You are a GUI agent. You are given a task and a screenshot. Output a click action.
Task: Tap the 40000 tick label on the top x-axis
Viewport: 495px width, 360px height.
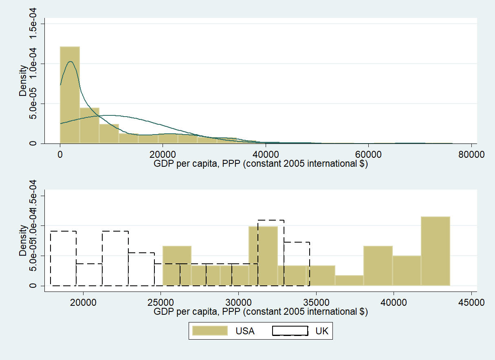pyautogui.click(x=265, y=155)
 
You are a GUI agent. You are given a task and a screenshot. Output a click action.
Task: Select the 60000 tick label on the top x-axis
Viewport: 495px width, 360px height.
pyautogui.click(x=368, y=155)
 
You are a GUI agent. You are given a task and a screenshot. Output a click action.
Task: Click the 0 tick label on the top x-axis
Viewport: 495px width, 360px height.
pyautogui.click(x=60, y=155)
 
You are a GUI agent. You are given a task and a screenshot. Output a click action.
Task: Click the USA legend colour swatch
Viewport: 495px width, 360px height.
pyautogui.click(x=209, y=331)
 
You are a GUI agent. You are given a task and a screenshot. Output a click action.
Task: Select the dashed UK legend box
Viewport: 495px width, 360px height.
pyautogui.click(x=290, y=331)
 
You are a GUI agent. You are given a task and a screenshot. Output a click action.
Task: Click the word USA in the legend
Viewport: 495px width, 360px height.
pyautogui.click(x=245, y=331)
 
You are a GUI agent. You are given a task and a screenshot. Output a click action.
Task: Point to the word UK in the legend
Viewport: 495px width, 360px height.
pyautogui.click(x=322, y=331)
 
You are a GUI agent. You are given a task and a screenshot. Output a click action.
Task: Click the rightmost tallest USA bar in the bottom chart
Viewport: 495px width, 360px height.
pyautogui.click(x=436, y=251)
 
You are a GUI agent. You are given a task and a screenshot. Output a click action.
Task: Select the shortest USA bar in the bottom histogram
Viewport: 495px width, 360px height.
pyautogui.click(x=349, y=280)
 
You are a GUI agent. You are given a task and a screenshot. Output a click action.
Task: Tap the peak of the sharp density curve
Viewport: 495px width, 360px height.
pyautogui.click(x=70, y=62)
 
